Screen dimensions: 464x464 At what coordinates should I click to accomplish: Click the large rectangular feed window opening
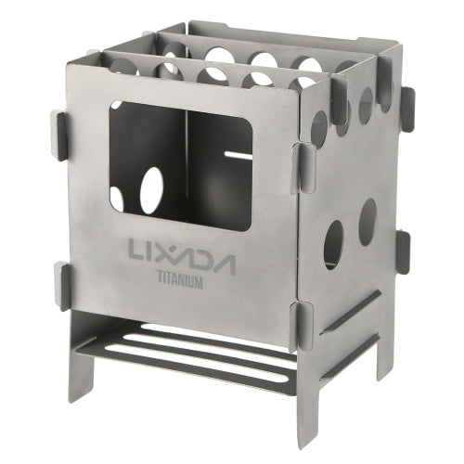[x=181, y=163]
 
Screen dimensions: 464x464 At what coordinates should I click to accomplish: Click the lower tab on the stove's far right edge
[x=403, y=251]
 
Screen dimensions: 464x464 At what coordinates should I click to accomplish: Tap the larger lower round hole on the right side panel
[x=332, y=243]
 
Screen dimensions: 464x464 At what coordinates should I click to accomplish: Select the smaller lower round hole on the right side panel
[x=367, y=222]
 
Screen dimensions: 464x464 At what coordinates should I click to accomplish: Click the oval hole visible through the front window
[x=150, y=189]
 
